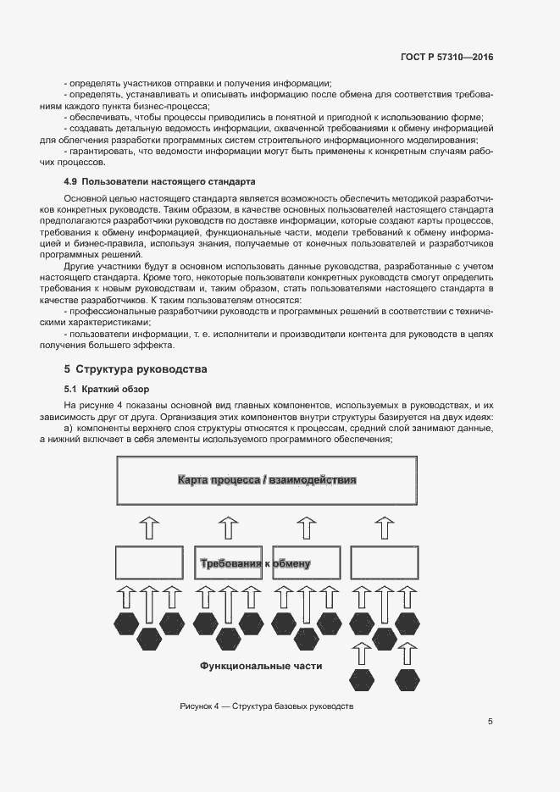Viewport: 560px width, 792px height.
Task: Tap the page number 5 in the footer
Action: [x=491, y=722]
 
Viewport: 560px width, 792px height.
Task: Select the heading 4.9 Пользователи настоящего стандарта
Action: [x=159, y=182]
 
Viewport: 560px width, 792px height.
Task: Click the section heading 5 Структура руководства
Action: [x=136, y=369]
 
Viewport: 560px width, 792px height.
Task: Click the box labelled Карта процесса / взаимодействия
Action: [x=266, y=480]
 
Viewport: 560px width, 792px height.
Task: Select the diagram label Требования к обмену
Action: [x=255, y=563]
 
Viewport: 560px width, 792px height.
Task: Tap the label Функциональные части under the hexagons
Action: [x=261, y=667]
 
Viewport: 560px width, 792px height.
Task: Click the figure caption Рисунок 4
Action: [x=266, y=706]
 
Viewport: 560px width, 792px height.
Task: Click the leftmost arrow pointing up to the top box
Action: [x=149, y=527]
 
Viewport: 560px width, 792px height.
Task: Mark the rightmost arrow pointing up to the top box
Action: [x=385, y=527]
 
